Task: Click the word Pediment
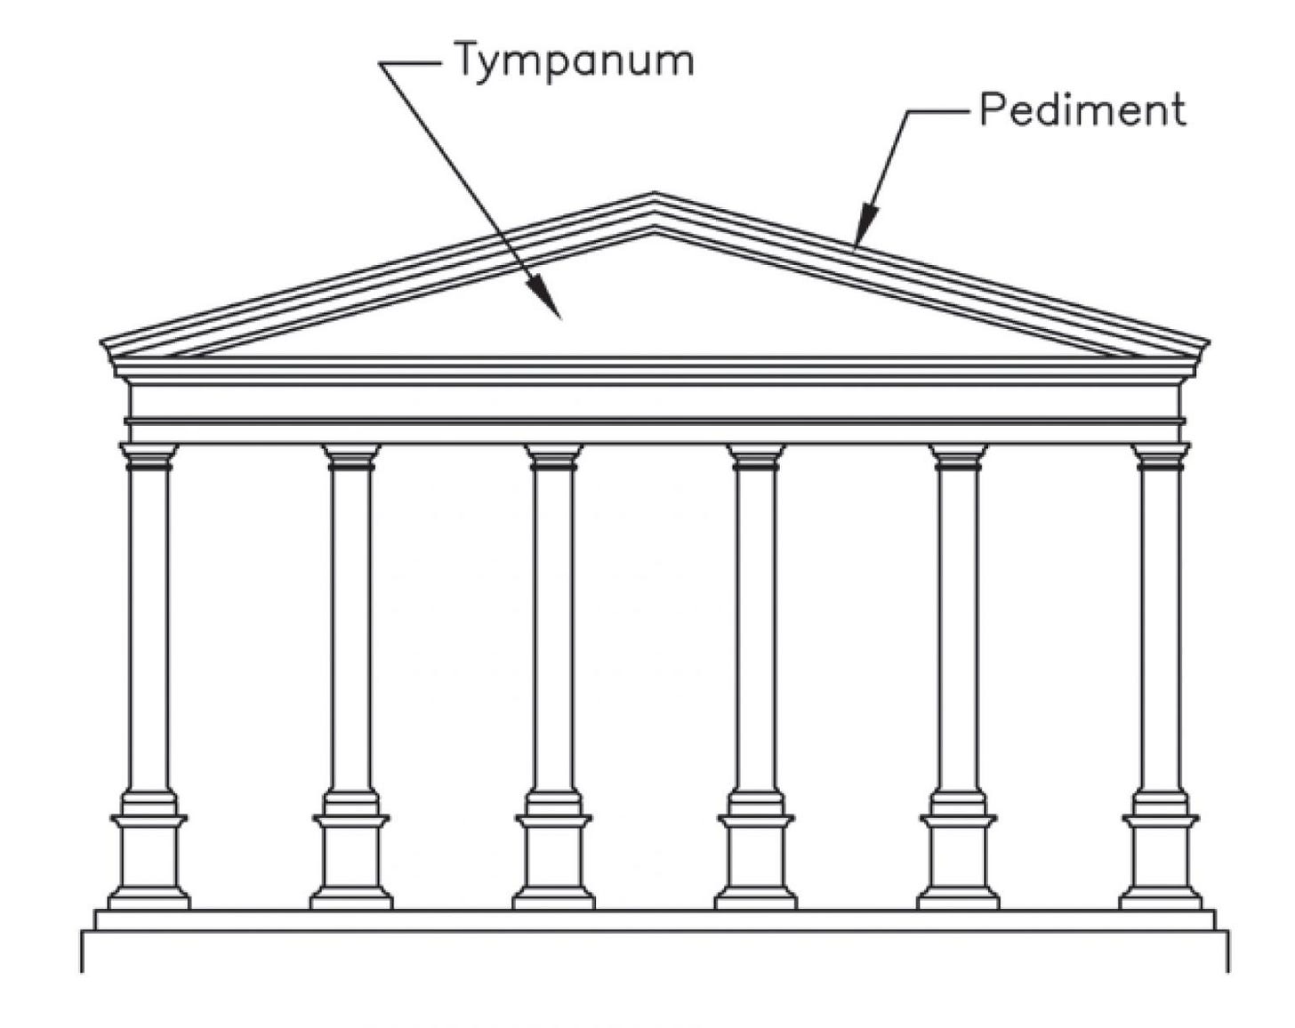(1082, 110)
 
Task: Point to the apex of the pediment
(654, 195)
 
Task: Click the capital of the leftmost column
(149, 456)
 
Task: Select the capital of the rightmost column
(1160, 456)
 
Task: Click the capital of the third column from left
(553, 456)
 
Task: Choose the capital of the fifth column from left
(958, 456)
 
